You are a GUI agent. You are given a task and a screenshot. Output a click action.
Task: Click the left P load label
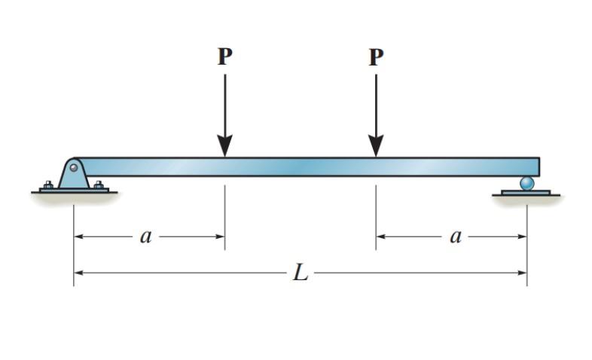(x=224, y=57)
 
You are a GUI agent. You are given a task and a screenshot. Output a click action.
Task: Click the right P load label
(x=376, y=57)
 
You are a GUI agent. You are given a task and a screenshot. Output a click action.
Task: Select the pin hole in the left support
(x=74, y=167)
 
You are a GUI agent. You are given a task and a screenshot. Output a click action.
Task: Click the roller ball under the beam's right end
(x=526, y=183)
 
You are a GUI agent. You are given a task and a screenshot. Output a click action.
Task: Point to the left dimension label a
(x=146, y=236)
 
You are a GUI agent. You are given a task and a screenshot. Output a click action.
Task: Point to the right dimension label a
(x=455, y=236)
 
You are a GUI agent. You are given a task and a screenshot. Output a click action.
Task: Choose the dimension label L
(x=301, y=273)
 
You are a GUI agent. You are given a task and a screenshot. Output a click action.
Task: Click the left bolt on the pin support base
(x=48, y=185)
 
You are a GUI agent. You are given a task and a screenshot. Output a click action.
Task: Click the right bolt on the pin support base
(x=99, y=185)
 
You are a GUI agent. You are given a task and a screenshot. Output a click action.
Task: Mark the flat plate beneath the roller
(x=526, y=192)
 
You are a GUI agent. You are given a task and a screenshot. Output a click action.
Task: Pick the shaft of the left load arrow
(x=224, y=105)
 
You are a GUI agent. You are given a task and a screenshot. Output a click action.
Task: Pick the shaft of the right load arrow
(x=376, y=105)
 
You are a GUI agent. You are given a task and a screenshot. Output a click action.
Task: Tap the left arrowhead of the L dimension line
(x=78, y=273)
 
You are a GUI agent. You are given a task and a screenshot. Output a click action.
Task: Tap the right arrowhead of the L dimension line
(x=521, y=273)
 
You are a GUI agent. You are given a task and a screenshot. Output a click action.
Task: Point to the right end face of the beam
(x=539, y=166)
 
